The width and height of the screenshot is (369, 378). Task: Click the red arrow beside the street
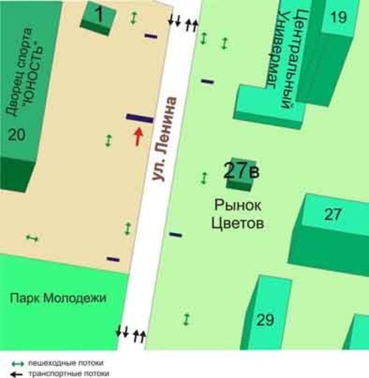pyautogui.click(x=138, y=136)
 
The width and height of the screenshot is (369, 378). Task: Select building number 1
pyautogui.click(x=97, y=15)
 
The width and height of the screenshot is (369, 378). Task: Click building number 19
pyautogui.click(x=338, y=17)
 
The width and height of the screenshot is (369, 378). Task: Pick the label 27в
pyautogui.click(x=241, y=171)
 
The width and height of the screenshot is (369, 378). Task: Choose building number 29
pyautogui.click(x=265, y=320)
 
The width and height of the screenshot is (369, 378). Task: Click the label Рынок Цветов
pyautogui.click(x=238, y=214)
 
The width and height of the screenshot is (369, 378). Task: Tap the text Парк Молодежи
pyautogui.click(x=58, y=298)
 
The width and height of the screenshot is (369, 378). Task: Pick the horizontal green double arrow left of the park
pyautogui.click(x=32, y=238)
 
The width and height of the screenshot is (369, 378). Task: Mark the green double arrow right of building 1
pyautogui.click(x=134, y=19)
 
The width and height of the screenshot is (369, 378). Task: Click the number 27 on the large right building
pyautogui.click(x=333, y=215)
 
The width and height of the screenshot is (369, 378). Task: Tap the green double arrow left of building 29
pyautogui.click(x=186, y=319)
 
